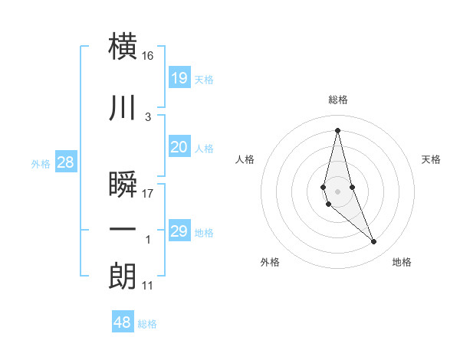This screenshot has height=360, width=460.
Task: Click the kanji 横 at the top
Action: click(123, 47)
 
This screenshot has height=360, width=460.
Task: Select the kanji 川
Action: click(123, 109)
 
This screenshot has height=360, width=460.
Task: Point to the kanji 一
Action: click(123, 230)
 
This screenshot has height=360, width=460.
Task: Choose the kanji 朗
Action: click(123, 277)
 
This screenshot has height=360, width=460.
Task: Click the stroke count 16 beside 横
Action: click(148, 56)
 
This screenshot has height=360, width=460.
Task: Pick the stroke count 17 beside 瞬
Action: click(148, 193)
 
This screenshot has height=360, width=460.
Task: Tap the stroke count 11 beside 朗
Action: click(148, 286)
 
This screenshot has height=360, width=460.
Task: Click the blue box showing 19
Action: click(179, 77)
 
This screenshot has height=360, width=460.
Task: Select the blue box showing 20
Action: click(179, 147)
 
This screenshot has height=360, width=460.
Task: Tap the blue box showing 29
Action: click(179, 231)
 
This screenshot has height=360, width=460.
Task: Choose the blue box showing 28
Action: click(65, 162)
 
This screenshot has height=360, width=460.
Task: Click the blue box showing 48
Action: click(123, 322)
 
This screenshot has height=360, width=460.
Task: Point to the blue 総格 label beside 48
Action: click(147, 324)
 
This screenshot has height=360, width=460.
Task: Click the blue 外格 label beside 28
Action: click(41, 164)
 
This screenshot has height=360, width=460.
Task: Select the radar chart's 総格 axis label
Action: click(337, 100)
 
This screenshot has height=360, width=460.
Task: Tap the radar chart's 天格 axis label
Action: click(431, 159)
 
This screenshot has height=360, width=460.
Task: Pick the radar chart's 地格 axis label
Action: click(402, 262)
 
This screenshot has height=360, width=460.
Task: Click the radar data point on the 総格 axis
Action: click(337, 129)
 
